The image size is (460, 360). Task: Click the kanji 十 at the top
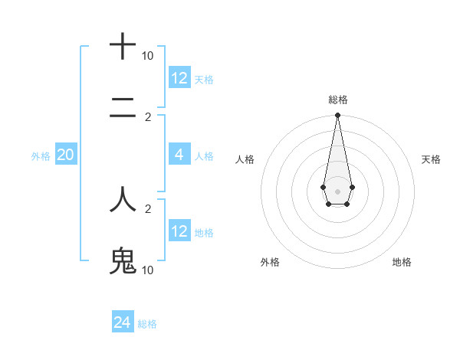123,47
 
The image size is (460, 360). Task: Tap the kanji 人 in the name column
123,200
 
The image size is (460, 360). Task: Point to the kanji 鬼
123,261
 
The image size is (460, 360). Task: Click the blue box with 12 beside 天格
179,78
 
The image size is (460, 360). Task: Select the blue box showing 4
179,155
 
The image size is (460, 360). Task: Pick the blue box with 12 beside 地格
179,231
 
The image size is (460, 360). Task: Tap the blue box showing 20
66,155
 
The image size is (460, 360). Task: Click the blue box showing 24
123,322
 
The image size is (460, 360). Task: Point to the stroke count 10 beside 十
147,56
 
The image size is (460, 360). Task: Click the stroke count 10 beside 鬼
147,270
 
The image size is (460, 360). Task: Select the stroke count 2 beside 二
147,117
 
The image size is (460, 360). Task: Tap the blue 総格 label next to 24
147,324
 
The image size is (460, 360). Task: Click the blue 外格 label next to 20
41,156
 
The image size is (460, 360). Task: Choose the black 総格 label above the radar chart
337,100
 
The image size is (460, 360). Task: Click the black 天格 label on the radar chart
431,159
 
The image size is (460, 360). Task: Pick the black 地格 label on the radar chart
402,262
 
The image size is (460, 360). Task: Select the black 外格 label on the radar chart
270,262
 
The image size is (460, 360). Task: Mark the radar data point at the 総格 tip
337,116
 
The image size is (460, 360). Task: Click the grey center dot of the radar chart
337,191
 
